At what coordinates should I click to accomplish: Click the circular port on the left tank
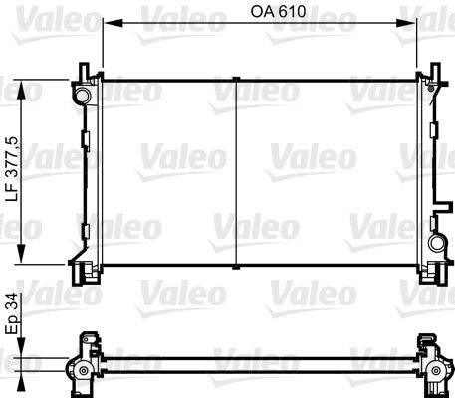coord(82,95)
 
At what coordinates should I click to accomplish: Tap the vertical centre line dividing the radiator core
coord(234,174)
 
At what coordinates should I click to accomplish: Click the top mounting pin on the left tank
coord(80,72)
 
